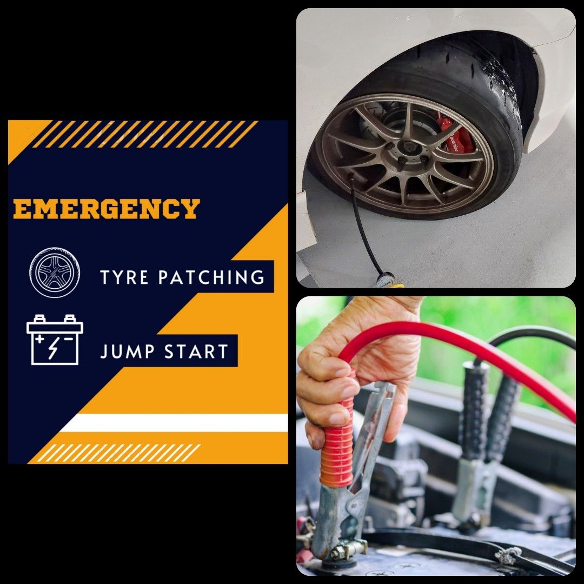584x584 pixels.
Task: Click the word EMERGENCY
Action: [107, 209]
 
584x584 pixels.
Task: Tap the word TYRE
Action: [124, 277]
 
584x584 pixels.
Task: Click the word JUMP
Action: [122, 352]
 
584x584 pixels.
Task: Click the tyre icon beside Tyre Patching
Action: [54, 273]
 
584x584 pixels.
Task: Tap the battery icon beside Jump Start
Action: [55, 340]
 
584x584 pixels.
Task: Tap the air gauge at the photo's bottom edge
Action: [384, 281]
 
